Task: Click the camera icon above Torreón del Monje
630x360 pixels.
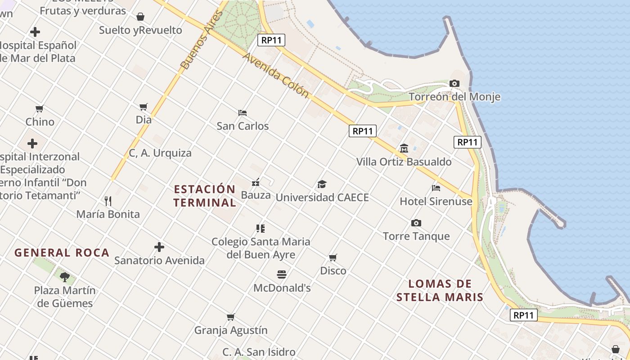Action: (454, 84)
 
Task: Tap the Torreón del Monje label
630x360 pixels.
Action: (454, 97)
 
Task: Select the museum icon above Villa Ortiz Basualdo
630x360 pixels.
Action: (404, 148)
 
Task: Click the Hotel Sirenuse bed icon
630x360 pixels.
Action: (436, 188)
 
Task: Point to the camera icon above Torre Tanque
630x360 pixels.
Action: (416, 223)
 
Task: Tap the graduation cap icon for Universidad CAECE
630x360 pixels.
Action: (322, 184)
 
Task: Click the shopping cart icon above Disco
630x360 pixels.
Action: (333, 258)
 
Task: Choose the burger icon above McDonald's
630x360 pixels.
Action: (282, 274)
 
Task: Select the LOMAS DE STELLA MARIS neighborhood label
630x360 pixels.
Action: (440, 290)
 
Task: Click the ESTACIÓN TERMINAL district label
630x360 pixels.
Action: (205, 196)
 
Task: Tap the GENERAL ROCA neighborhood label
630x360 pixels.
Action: (62, 252)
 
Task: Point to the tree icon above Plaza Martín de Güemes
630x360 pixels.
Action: (64, 277)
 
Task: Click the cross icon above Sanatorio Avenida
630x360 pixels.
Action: (159, 247)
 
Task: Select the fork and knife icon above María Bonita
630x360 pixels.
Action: (108, 201)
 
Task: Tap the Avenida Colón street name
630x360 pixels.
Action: (276, 75)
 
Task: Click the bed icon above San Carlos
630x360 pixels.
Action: (243, 112)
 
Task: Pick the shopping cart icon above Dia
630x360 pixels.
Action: (144, 107)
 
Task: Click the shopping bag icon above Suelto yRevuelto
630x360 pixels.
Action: (140, 17)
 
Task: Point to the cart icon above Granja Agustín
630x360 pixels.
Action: (231, 317)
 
